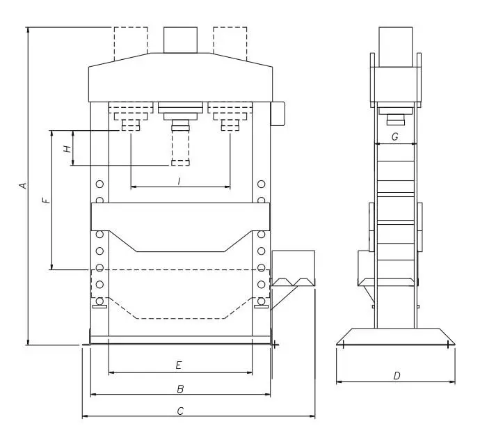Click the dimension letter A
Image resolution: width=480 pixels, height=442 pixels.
(x=22, y=186)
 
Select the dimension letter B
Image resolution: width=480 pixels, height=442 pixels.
(x=180, y=388)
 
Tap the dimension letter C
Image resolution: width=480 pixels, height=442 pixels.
(x=180, y=411)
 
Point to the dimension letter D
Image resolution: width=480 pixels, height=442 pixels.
(x=397, y=376)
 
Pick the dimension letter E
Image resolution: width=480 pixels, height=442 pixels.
(x=179, y=365)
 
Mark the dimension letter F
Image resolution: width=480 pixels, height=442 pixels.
(x=46, y=200)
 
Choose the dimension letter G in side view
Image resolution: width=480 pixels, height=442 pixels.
(x=394, y=137)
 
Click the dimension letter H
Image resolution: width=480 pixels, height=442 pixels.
(x=67, y=148)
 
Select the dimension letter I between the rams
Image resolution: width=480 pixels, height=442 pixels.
(x=179, y=181)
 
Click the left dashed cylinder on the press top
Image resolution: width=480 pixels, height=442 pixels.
(x=130, y=42)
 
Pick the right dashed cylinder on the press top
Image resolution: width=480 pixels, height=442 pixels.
(x=230, y=42)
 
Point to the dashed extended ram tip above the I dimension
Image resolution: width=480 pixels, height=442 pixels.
(x=180, y=161)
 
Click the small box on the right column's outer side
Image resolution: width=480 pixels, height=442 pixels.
(x=279, y=113)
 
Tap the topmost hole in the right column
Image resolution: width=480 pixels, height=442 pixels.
(x=261, y=184)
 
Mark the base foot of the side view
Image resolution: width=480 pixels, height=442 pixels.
(x=395, y=336)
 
